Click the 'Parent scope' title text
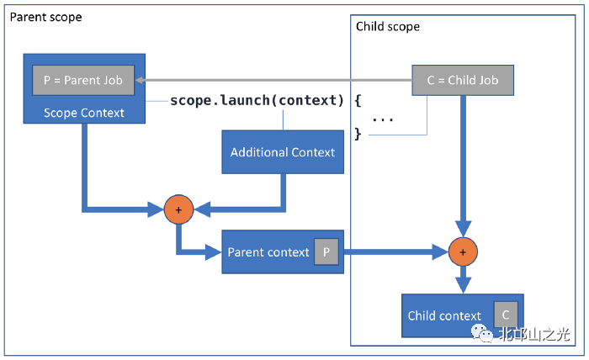coord(46,17)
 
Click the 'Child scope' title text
coord(387,26)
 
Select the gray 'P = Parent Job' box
coord(82,81)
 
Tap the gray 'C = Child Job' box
coord(462,81)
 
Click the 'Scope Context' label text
coord(83,112)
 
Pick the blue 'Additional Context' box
coord(283,152)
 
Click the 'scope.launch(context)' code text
coord(257,101)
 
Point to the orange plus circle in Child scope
coord(461,251)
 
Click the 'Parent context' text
coord(268,252)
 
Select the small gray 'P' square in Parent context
coord(326,251)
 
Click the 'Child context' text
coord(444,315)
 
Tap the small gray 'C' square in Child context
coord(505,314)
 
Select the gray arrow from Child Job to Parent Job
coord(278,81)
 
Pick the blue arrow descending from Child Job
coord(462,160)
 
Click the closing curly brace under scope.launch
coord(358,133)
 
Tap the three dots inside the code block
coord(383,119)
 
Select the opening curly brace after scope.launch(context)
coord(358,101)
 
